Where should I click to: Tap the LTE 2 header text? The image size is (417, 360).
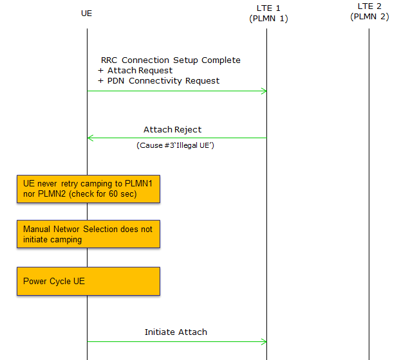coord(369,6)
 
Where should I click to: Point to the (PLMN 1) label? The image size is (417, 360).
coord(268,19)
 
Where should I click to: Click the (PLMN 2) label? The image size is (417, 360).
coord(369,17)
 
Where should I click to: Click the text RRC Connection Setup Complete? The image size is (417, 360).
coord(171,60)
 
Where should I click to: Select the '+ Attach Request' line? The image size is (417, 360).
coord(135,71)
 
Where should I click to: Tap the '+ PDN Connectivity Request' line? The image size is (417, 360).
coord(158,81)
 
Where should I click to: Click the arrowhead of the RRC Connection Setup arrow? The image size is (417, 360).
coord(264,91)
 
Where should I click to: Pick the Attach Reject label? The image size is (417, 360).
coord(172,130)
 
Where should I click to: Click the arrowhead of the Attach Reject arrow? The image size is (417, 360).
coord(90,138)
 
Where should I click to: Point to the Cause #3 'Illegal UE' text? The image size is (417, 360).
coord(175,146)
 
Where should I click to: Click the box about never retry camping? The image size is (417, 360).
coord(88,188)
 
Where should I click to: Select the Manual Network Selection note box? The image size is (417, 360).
coord(88,234)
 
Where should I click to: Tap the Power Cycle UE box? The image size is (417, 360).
coord(88,281)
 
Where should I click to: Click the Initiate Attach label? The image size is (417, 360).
coord(176,332)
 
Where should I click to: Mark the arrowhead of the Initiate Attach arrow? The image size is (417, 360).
coord(264,341)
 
